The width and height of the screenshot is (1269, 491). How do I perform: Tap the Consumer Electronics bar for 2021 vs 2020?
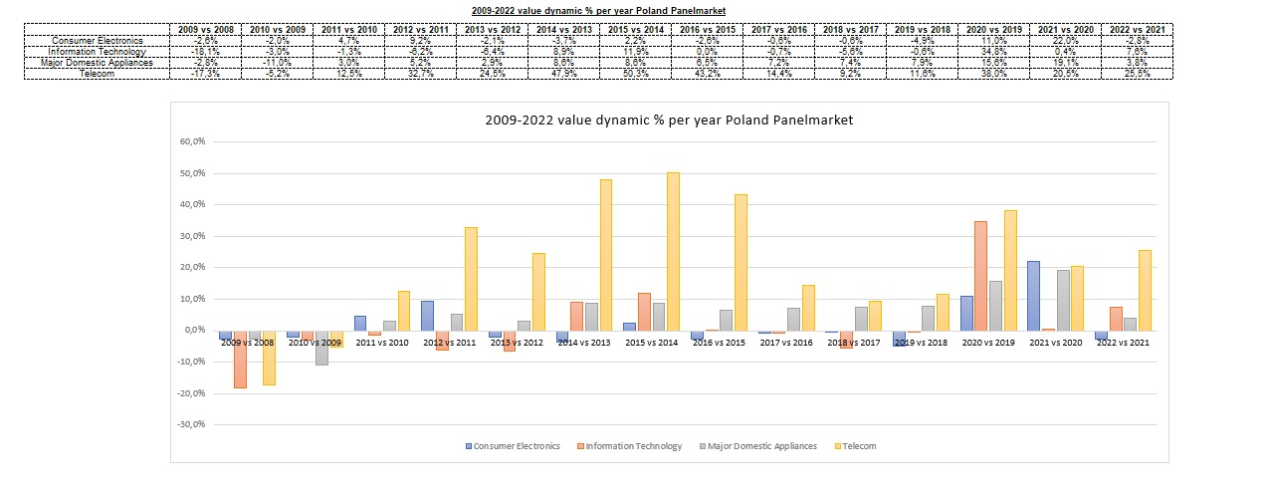(1033, 295)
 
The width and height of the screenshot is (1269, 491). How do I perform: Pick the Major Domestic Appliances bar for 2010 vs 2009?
(321, 348)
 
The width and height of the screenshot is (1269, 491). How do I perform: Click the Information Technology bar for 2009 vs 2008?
(240, 359)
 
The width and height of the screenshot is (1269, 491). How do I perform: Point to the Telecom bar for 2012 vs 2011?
(471, 279)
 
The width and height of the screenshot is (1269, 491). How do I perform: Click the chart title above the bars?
(669, 120)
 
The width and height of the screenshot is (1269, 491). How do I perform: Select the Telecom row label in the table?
(98, 74)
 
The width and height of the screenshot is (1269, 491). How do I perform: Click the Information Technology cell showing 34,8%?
(990, 52)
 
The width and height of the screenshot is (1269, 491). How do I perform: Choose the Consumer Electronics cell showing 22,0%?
(1062, 41)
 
